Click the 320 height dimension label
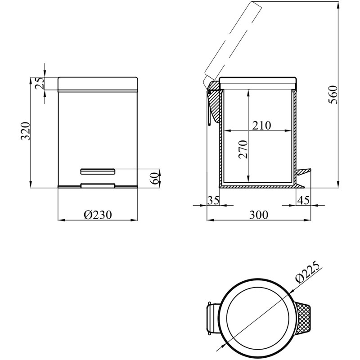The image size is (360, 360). tap(26, 131)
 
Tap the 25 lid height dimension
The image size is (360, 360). tap(40, 83)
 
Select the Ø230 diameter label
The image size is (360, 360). tap(98, 215)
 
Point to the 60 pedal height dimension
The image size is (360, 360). tap(155, 178)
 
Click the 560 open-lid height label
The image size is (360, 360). tap(333, 94)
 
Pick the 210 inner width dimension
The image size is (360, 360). tap(262, 126)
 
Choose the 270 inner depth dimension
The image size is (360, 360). tap(243, 149)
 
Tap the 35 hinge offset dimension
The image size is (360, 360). tap(213, 200)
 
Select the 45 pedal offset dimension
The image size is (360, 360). tap(303, 200)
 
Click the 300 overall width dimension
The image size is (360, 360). tap(259, 215)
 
